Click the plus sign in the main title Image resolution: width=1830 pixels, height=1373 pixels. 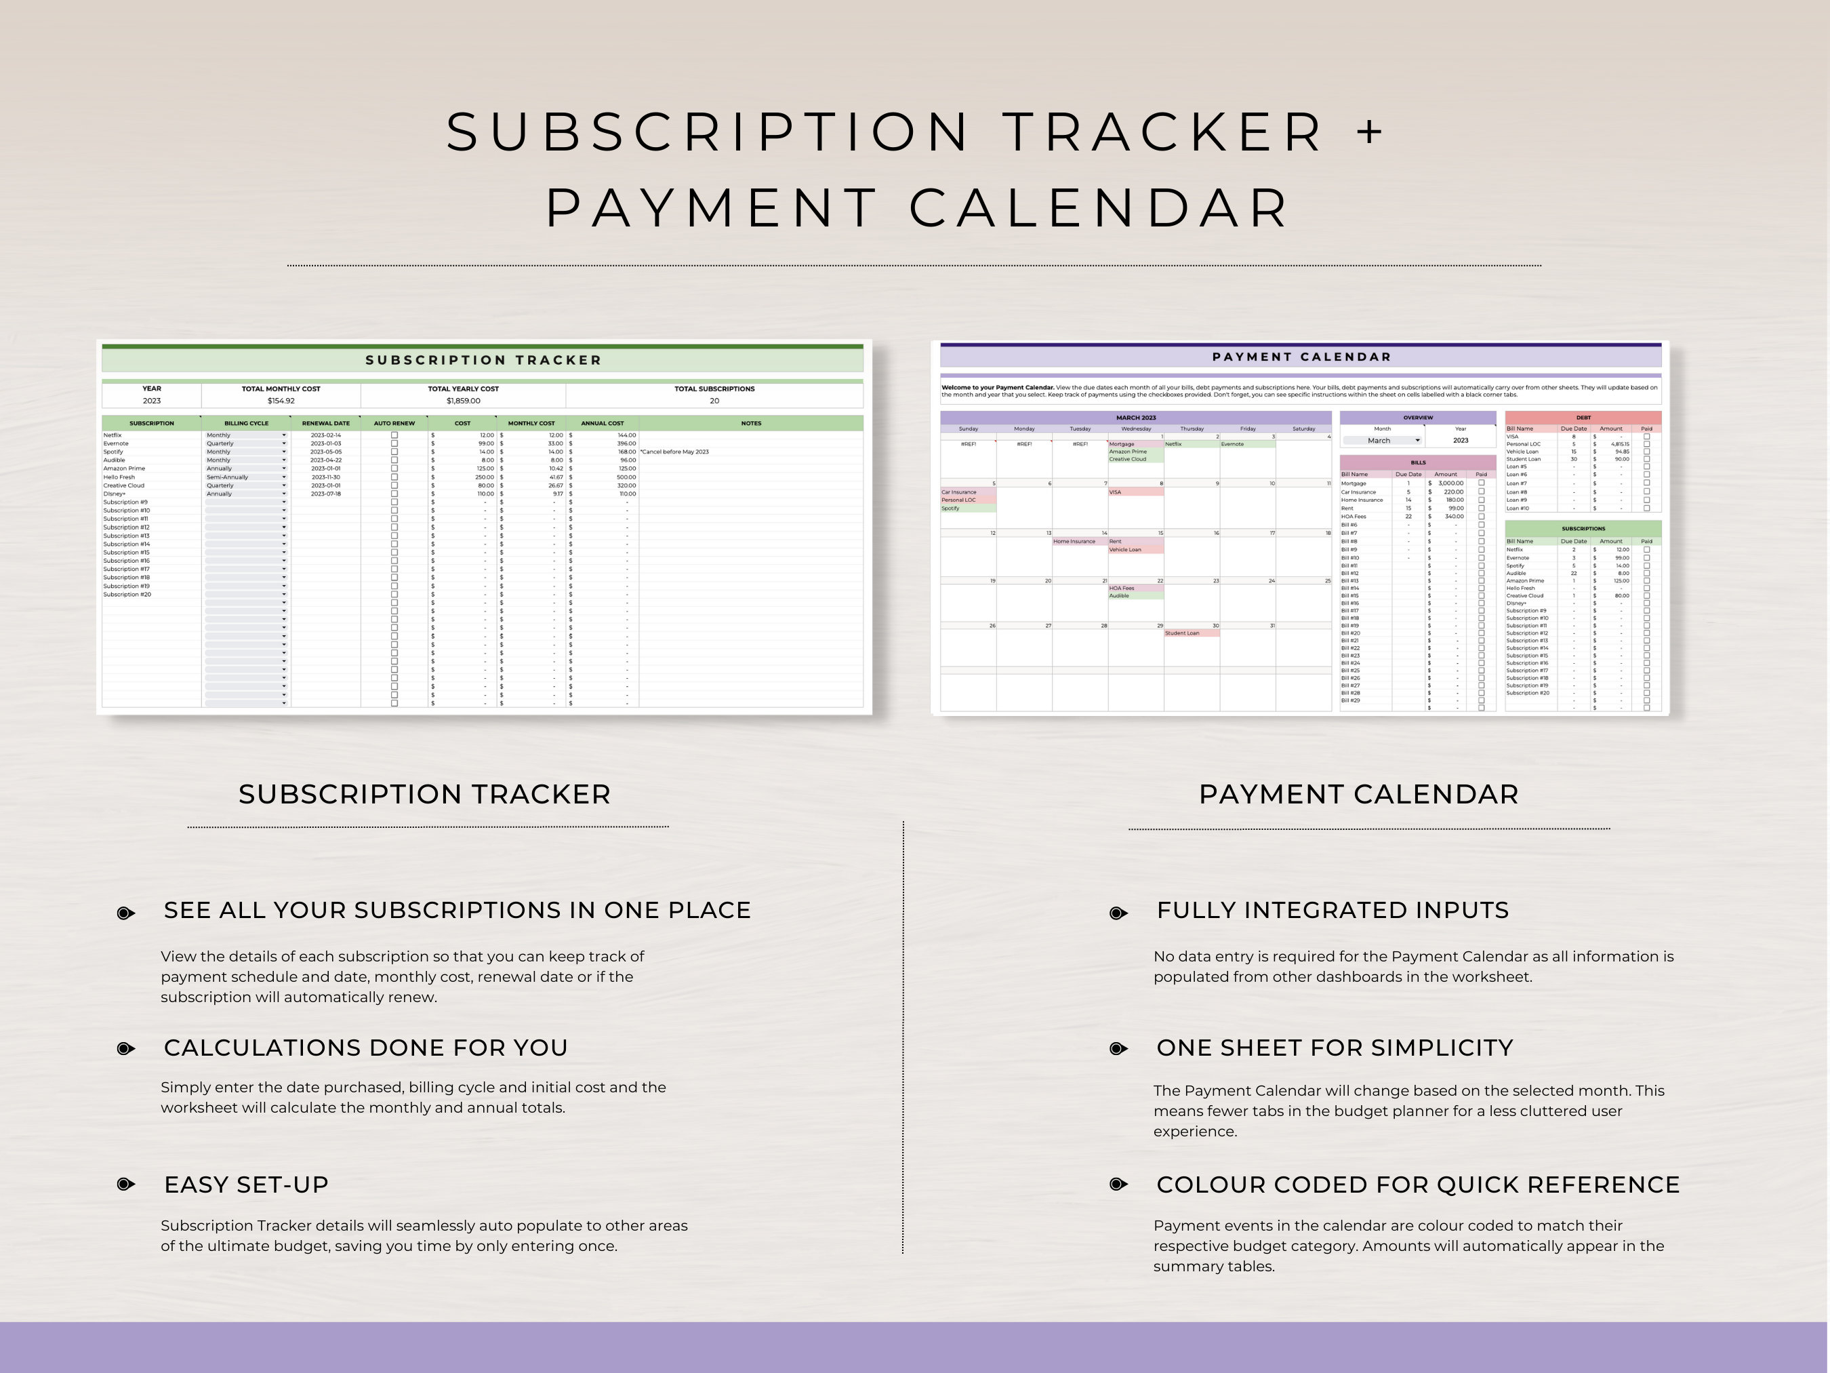click(1370, 132)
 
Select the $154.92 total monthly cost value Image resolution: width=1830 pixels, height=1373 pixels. click(281, 401)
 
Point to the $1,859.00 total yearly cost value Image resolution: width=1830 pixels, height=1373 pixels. click(464, 401)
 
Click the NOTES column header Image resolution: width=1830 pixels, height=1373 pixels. click(751, 423)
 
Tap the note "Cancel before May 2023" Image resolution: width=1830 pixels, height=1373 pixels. click(674, 452)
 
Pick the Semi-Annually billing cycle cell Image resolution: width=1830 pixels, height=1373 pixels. click(228, 477)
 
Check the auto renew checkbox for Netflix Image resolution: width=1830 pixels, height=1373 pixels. click(394, 435)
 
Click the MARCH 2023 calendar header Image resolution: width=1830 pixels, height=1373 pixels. click(1136, 418)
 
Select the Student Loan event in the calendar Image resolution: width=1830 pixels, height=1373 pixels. click(1182, 633)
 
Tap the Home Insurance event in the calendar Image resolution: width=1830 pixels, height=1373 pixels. click(1074, 541)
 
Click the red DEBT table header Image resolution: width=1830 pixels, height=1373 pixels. click(1583, 418)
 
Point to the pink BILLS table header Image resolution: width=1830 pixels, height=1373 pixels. click(1418, 462)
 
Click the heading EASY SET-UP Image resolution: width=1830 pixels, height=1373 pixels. click(246, 1185)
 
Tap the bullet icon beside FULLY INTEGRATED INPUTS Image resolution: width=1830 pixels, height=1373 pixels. click(1118, 912)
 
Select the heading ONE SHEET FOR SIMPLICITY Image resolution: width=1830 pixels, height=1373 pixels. click(1335, 1048)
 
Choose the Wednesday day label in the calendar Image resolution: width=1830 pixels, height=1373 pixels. click(1136, 429)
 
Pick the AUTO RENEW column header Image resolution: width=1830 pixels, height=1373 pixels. click(394, 423)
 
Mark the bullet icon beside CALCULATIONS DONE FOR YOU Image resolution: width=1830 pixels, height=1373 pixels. click(126, 1049)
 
